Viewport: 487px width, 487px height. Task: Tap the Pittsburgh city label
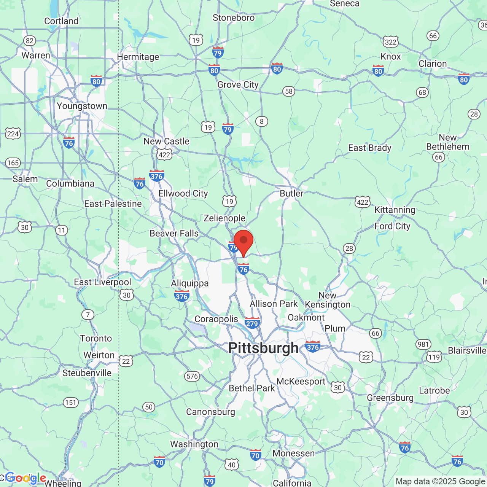click(263, 348)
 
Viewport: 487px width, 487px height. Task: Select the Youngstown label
click(82, 106)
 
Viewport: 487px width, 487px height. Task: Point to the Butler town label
click(291, 193)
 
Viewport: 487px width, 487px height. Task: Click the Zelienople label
click(224, 218)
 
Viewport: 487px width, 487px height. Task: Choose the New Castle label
click(166, 141)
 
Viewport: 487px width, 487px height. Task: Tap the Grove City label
click(238, 84)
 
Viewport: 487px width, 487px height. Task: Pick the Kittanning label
click(395, 210)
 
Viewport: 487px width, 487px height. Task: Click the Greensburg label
click(390, 398)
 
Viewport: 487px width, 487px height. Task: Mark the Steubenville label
click(87, 373)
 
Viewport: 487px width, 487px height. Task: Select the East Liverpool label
click(102, 282)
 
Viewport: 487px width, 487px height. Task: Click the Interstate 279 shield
click(252, 323)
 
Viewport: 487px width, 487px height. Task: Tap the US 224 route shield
click(13, 134)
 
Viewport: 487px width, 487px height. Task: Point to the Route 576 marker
click(192, 376)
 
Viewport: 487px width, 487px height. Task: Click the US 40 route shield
click(232, 465)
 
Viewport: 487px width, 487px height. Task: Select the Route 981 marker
click(423, 344)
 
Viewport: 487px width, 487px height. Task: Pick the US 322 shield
click(391, 42)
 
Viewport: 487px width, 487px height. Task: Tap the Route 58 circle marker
click(289, 91)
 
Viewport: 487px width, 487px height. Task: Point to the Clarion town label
click(433, 64)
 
